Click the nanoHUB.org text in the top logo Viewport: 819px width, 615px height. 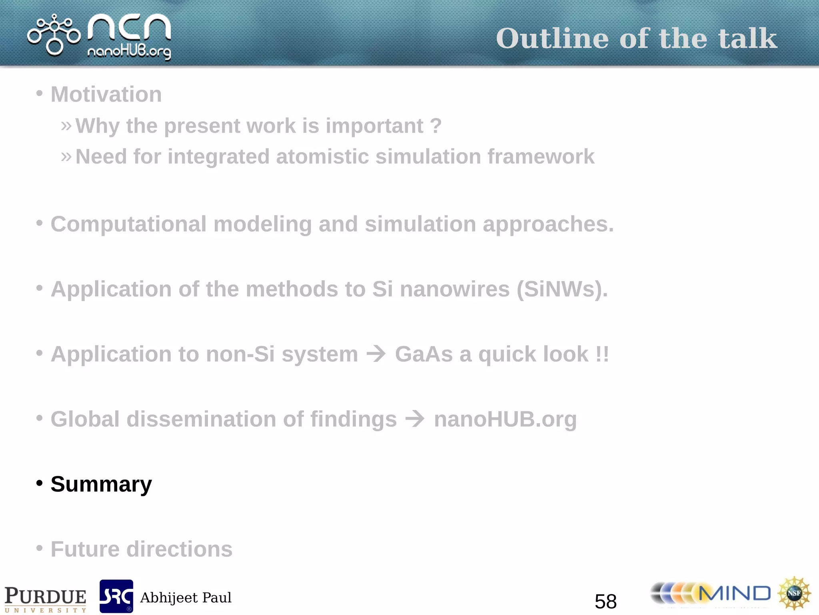(129, 52)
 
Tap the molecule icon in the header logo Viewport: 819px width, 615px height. (54, 35)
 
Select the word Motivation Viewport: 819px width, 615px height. (106, 94)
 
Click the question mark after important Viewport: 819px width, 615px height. (436, 126)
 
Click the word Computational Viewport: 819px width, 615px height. (128, 224)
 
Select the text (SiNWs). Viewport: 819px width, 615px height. (561, 289)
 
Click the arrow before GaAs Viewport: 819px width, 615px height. (376, 354)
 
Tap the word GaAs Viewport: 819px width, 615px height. (424, 354)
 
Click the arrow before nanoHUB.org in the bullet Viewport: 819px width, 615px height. (415, 419)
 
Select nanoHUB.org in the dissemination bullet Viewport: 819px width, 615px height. (505, 420)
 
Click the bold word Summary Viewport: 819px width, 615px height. (101, 484)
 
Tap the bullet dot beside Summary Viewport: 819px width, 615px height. (39, 483)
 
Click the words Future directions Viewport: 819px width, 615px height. (141, 549)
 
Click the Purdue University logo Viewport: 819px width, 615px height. (45, 599)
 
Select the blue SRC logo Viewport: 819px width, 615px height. (116, 596)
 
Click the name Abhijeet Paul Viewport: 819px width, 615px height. (186, 598)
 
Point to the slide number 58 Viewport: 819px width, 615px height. (605, 601)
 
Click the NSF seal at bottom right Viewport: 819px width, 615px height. (794, 593)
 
